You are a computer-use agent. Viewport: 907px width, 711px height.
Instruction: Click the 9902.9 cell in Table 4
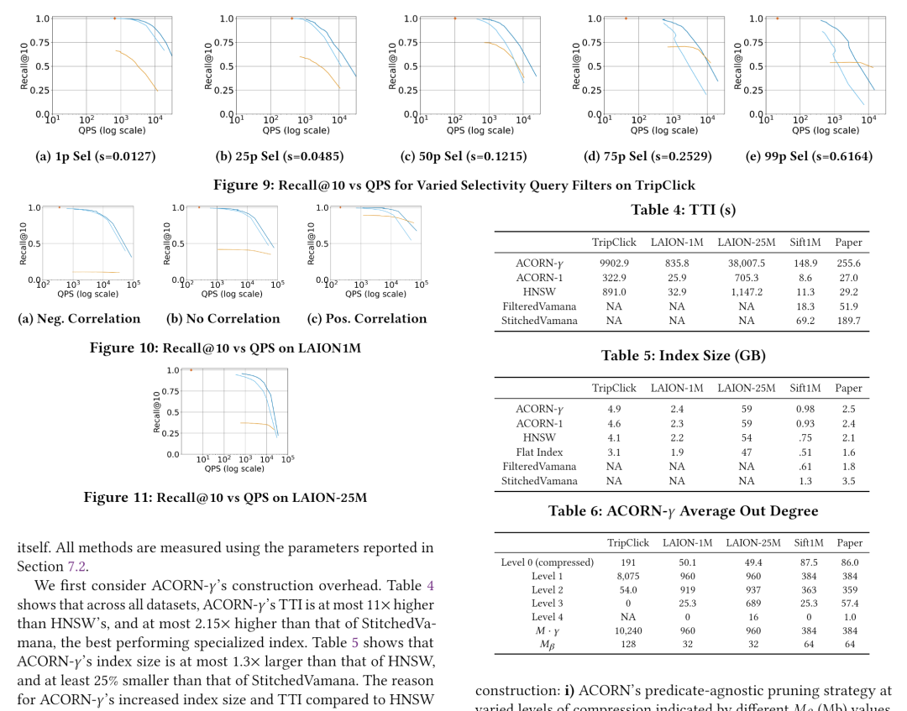(614, 263)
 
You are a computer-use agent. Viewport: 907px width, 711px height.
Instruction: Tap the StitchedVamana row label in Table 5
(539, 481)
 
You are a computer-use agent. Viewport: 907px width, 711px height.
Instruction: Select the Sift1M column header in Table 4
(805, 243)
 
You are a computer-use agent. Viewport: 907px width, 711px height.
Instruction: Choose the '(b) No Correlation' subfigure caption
(223, 319)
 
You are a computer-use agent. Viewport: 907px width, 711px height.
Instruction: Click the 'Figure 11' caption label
(116, 498)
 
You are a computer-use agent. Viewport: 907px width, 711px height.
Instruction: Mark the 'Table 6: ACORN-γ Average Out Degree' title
(683, 511)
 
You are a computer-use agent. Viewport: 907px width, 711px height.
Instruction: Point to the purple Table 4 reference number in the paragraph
(429, 585)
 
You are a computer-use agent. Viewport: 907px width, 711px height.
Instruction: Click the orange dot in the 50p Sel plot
(455, 18)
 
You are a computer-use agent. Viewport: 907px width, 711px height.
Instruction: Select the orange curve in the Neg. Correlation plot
(97, 272)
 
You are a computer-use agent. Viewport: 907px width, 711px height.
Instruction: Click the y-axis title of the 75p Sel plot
(575, 65)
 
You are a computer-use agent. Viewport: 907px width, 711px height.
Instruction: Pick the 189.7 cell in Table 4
(848, 321)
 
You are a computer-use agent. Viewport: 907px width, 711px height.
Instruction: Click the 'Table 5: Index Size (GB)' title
(683, 355)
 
